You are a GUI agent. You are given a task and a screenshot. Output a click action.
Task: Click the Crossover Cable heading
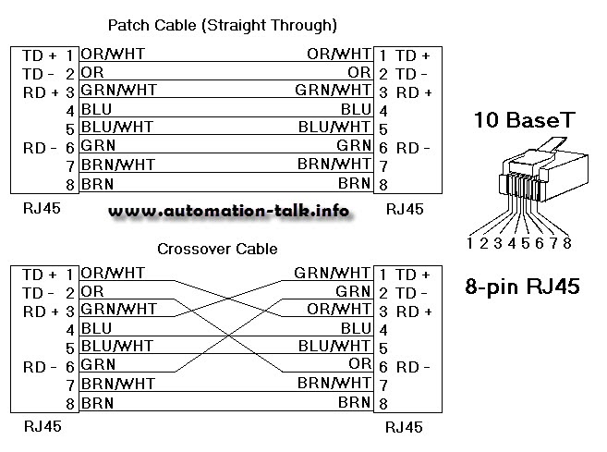217,249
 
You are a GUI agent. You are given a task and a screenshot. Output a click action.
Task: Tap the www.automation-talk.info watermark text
228,211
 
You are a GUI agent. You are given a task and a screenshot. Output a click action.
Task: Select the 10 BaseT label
524,119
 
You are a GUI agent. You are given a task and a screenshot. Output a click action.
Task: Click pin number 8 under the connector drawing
566,243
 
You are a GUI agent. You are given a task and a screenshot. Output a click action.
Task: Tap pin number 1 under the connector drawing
470,243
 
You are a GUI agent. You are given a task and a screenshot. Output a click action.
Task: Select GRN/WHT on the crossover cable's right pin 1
333,274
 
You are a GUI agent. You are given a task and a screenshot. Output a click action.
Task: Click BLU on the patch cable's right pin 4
356,109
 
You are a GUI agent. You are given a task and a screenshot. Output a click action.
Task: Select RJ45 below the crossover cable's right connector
404,427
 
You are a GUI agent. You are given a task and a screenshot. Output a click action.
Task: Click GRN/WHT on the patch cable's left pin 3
118,91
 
